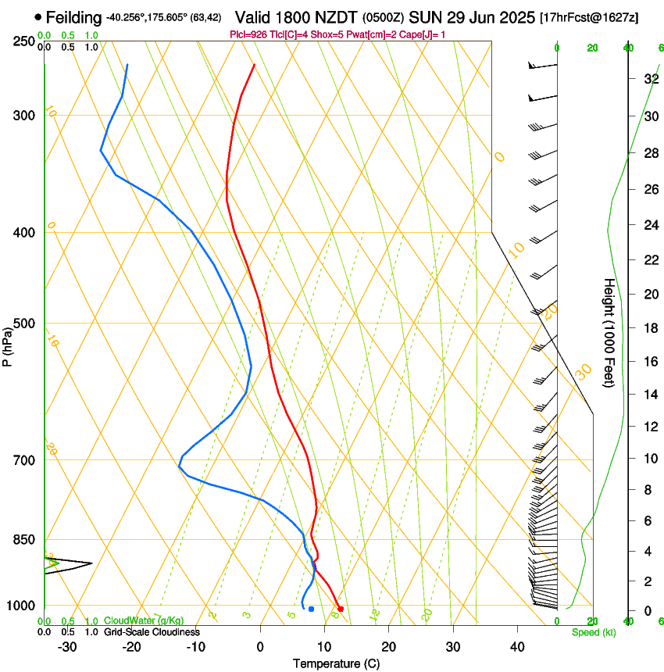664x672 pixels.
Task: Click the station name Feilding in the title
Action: (x=73, y=17)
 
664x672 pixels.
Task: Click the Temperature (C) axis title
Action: (x=336, y=663)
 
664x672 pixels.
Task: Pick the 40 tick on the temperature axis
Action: (x=517, y=646)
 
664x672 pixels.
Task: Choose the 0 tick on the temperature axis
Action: (x=260, y=646)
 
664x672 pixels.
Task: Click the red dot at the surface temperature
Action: (x=340, y=609)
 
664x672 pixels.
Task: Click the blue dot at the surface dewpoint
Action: (x=311, y=609)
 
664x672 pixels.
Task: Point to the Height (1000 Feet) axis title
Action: (x=609, y=333)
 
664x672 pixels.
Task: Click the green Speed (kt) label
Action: (x=594, y=632)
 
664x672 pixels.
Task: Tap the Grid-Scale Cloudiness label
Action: (x=152, y=632)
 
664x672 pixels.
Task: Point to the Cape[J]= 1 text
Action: (x=417, y=34)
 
